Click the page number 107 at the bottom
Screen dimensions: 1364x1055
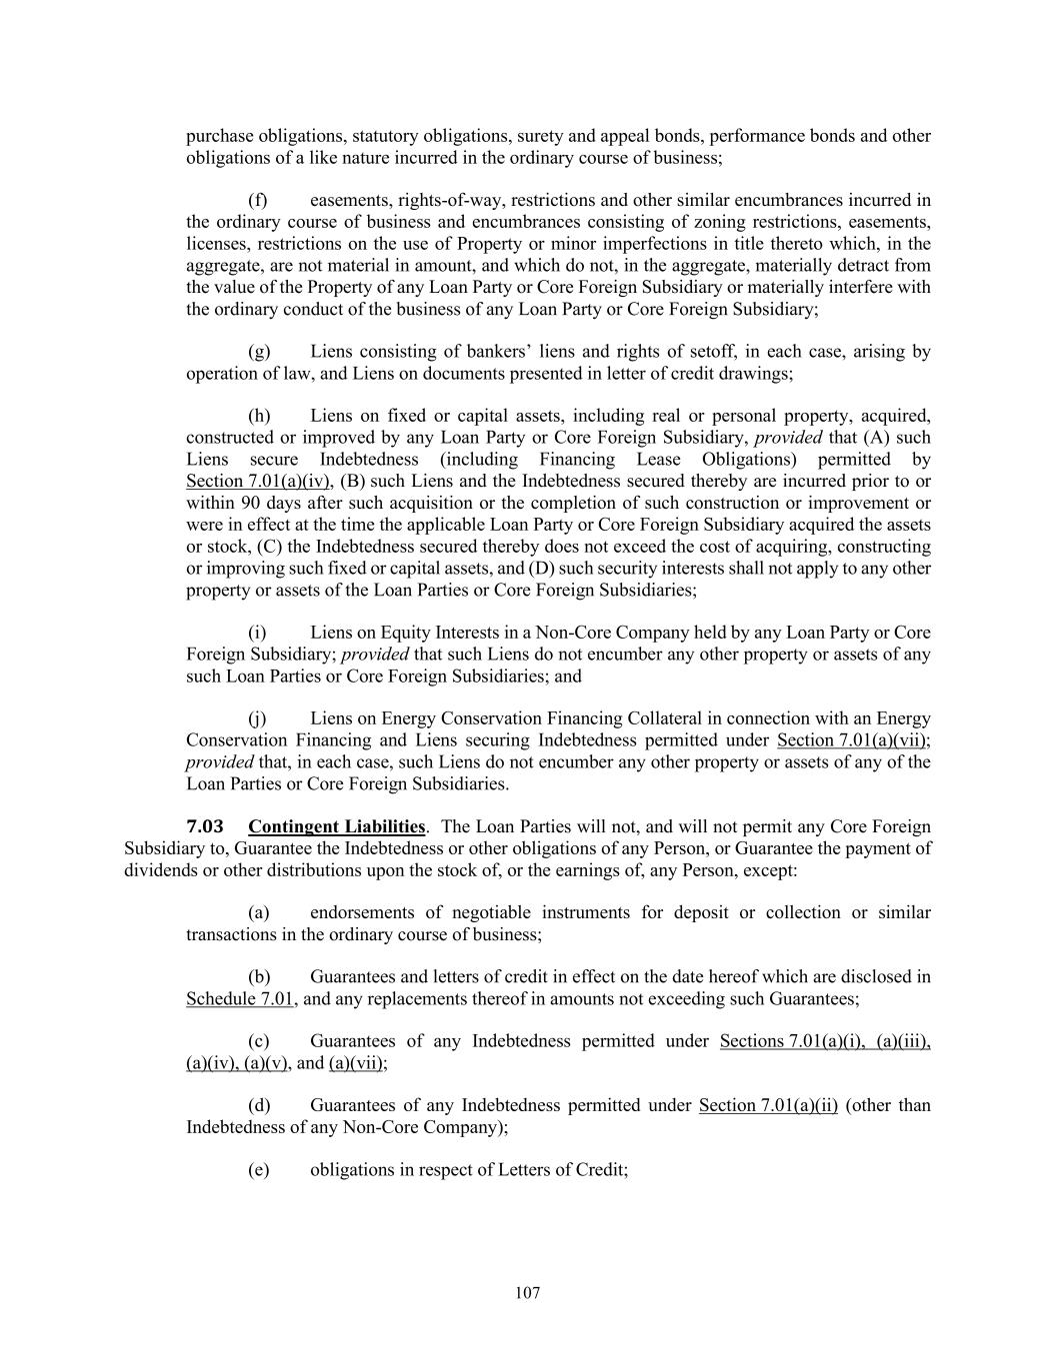pos(527,1293)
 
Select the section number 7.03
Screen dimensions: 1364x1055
pos(205,826)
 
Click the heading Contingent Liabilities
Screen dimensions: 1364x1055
pos(336,826)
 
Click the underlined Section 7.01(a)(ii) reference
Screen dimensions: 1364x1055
pos(768,1105)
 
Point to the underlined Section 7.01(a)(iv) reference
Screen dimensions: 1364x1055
pos(259,481)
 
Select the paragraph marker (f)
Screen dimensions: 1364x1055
pos(257,200)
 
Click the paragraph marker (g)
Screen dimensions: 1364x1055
pos(258,352)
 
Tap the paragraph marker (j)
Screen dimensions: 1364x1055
pos(257,718)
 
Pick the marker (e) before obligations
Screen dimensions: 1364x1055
pos(258,1169)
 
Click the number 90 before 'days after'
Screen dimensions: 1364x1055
pos(249,503)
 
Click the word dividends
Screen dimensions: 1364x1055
pos(156,869)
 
